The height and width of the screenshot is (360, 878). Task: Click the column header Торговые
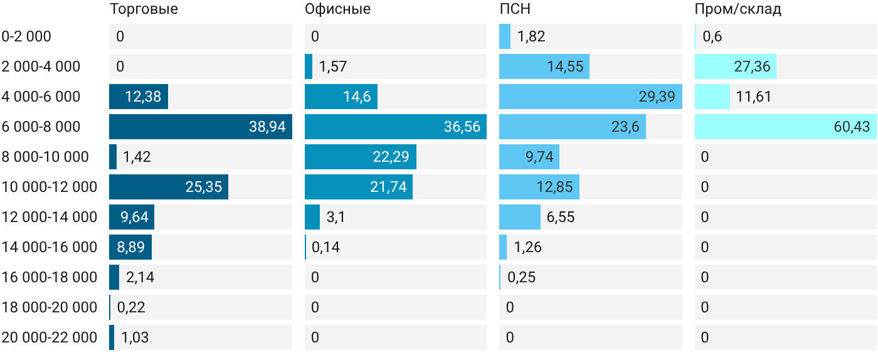coord(144,9)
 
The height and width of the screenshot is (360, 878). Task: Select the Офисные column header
coord(337,9)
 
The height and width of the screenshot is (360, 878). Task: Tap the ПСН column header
coord(515,9)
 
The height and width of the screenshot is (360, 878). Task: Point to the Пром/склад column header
coord(738,9)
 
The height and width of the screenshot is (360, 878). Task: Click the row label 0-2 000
coord(26,36)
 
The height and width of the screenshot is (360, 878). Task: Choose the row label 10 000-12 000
coord(50,187)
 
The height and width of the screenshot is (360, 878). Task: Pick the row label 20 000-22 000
coord(50,337)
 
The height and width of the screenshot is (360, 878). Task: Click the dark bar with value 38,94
coord(201,127)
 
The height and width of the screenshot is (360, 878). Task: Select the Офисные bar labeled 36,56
coord(396,127)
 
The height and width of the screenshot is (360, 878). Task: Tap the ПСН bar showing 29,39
coord(591,97)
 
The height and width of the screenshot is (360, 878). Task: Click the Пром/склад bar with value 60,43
coord(786,127)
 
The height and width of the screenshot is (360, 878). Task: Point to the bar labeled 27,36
coord(736,66)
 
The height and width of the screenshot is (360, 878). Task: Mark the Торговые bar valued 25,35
coord(169,187)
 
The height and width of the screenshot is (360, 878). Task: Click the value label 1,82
coord(531,36)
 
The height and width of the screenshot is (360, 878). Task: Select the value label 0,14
coord(325,247)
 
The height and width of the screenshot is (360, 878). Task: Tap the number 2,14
coord(140,277)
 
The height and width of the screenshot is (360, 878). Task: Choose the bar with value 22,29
coord(361,157)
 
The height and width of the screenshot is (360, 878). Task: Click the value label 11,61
coord(754,97)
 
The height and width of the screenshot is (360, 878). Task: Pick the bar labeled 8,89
coord(130,247)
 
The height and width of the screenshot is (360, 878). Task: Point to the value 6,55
coord(561,217)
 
